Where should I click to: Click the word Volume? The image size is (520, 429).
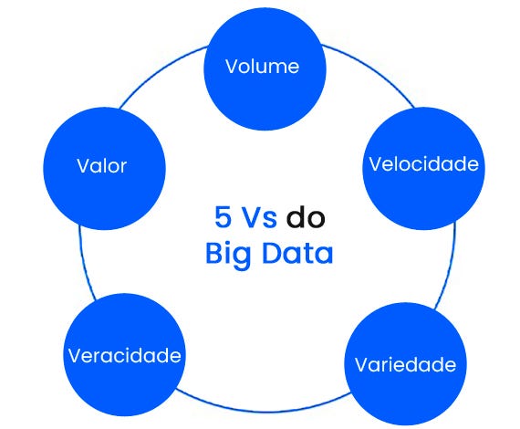(x=262, y=67)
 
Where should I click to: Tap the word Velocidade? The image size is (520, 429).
(x=423, y=164)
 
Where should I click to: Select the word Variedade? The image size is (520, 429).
(x=404, y=365)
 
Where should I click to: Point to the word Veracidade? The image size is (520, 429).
(x=125, y=355)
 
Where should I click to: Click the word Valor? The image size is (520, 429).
(x=101, y=166)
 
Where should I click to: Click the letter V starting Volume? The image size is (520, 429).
(x=231, y=67)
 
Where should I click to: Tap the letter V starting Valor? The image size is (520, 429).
(x=82, y=166)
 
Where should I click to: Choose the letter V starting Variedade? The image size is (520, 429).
(x=361, y=365)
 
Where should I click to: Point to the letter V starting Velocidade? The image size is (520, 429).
(x=374, y=164)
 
